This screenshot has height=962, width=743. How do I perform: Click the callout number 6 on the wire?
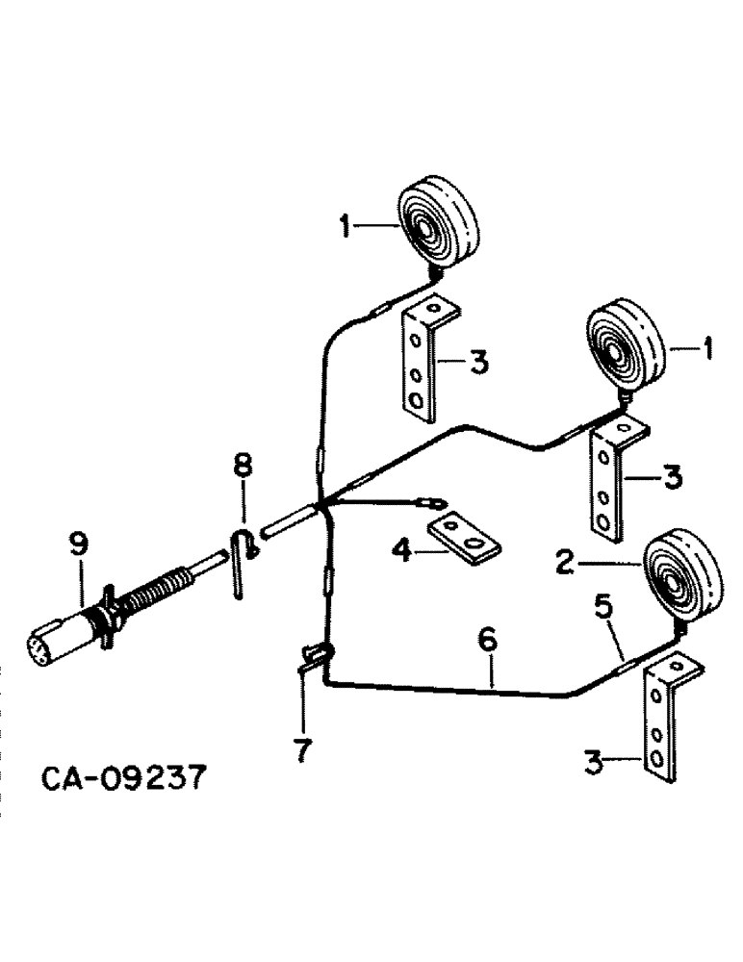[488, 639]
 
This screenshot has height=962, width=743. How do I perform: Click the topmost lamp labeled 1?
[440, 224]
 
